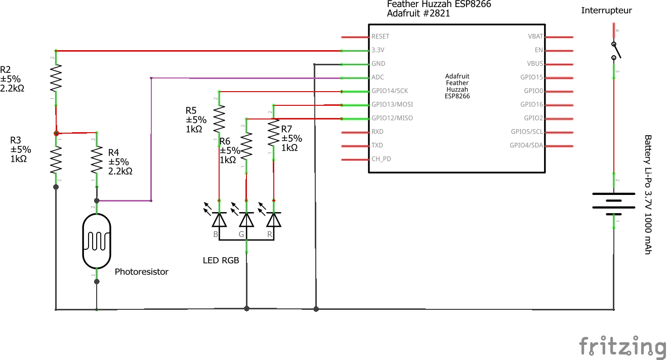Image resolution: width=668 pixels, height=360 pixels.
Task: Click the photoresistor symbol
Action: click(97, 241)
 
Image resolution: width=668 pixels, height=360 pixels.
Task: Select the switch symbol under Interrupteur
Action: click(615, 51)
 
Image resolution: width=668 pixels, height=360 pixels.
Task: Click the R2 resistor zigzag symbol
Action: click(56, 79)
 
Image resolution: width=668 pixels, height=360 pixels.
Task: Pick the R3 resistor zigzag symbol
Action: click(56, 159)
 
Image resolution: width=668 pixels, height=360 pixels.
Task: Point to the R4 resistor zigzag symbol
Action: click(97, 159)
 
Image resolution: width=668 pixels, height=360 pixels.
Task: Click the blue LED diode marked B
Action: click(219, 219)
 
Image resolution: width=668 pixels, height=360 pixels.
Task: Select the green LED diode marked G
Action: click(246, 219)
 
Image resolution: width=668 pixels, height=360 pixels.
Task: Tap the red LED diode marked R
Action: click(273, 219)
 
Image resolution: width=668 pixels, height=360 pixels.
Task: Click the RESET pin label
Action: click(381, 36)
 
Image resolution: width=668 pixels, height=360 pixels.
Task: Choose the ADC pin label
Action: click(378, 77)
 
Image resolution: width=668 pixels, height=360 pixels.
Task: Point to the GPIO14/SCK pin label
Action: click(390, 91)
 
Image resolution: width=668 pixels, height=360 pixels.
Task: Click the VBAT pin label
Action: click(535, 36)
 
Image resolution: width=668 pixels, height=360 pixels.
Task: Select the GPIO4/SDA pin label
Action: click(526, 146)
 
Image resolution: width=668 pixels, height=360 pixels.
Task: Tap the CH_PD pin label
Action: click(381, 159)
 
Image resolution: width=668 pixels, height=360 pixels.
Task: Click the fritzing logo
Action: click(622, 347)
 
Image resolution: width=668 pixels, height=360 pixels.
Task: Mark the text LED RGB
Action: click(221, 260)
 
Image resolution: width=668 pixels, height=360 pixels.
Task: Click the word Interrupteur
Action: click(606, 10)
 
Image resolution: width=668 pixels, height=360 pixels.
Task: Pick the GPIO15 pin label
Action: click(531, 77)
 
